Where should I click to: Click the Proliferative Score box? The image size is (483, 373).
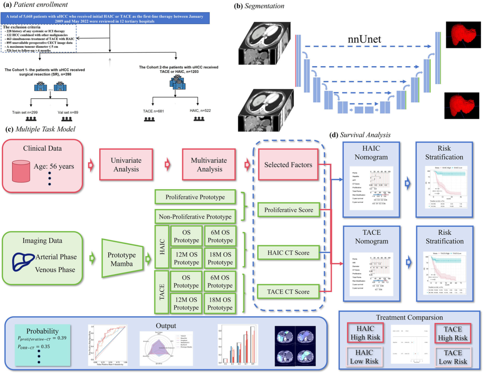288,210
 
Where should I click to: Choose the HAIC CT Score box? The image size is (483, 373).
288,254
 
